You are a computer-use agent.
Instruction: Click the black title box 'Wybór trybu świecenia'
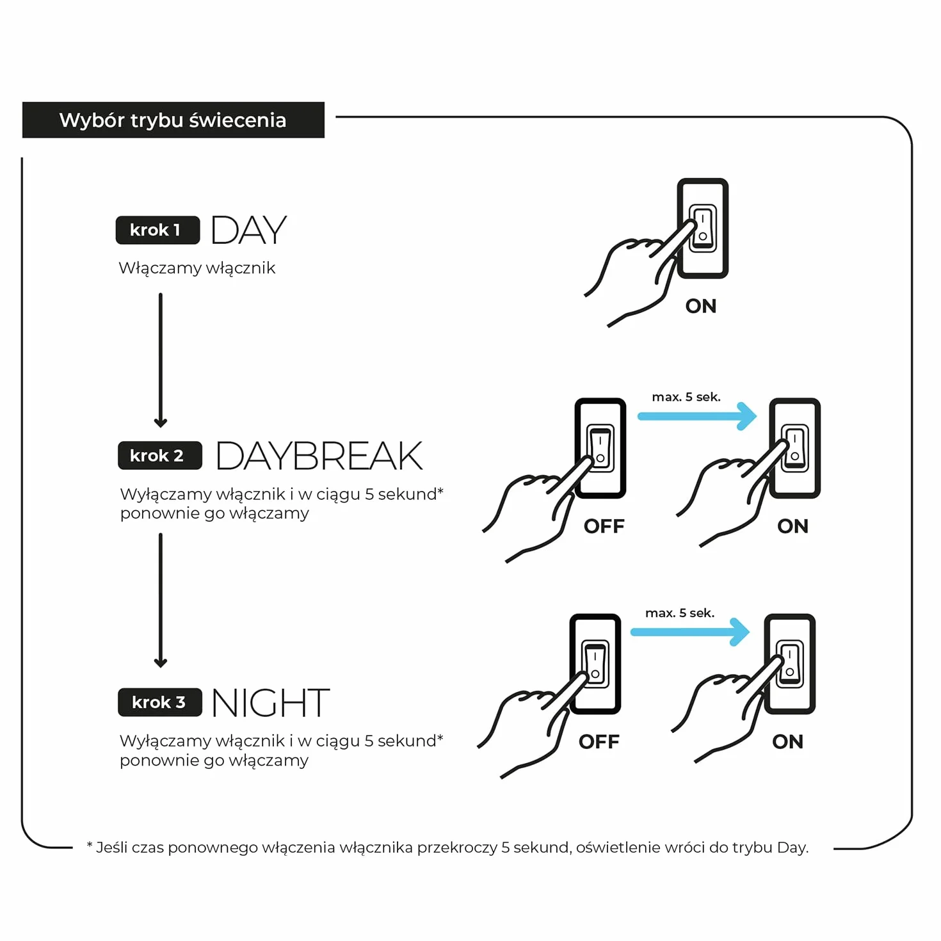click(173, 120)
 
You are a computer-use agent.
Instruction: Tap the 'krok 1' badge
click(157, 230)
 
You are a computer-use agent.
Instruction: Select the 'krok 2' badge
click(159, 455)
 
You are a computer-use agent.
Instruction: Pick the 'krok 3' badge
click(159, 702)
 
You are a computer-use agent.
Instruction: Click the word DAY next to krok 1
click(248, 230)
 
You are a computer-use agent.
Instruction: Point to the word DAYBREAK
click(319, 456)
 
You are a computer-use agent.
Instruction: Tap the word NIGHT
click(271, 702)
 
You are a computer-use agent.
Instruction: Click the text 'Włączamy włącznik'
click(197, 268)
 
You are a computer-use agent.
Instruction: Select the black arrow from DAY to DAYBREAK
click(161, 360)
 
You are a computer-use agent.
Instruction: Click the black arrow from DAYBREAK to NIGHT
click(161, 600)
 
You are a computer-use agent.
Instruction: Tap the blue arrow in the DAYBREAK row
click(697, 416)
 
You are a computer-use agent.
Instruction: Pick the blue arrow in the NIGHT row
click(690, 632)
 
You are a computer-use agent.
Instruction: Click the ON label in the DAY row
click(701, 306)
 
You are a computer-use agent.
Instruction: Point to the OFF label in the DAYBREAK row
click(604, 526)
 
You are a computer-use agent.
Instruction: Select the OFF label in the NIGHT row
click(599, 742)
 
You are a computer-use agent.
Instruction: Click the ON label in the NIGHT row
click(787, 742)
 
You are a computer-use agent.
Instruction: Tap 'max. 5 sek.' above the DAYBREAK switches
click(686, 397)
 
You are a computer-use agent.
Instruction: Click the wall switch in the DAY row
click(703, 228)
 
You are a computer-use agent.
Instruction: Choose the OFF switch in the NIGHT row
click(595, 664)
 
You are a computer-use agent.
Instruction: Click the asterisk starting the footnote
click(90, 844)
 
